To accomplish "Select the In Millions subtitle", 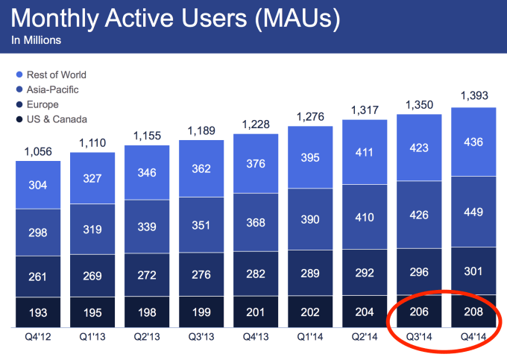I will point(36,40).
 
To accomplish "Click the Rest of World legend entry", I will point(55,75).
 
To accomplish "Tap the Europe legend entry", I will point(42,104).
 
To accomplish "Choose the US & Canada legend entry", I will point(55,119).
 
